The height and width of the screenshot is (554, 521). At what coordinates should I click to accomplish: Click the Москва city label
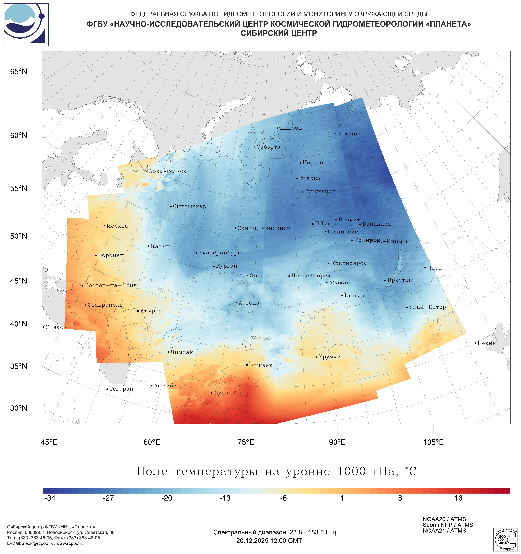(x=117, y=226)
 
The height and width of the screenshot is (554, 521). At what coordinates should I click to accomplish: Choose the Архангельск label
(x=167, y=171)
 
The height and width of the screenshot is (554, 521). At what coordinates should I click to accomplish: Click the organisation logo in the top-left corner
(x=26, y=25)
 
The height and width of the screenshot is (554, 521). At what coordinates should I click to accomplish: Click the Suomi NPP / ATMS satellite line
(x=448, y=525)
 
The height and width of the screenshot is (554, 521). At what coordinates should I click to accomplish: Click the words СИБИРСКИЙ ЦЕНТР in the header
(x=279, y=33)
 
